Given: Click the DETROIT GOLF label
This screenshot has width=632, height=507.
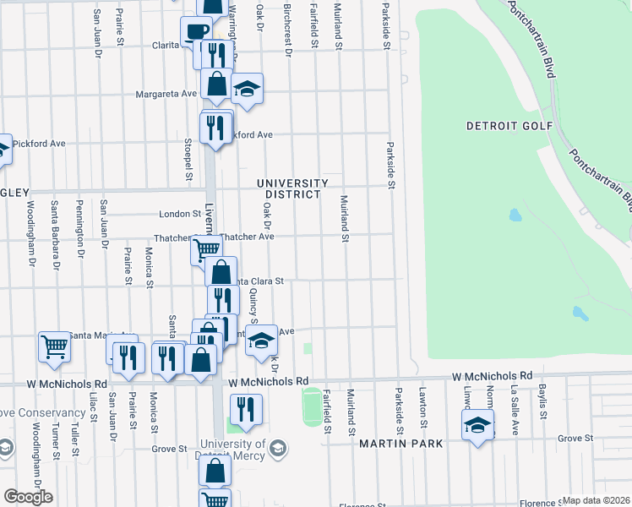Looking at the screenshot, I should pyautogui.click(x=509, y=126).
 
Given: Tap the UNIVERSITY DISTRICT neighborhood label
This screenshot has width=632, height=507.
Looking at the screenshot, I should pyautogui.click(x=292, y=188).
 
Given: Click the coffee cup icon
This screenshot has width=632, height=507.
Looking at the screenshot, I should pyautogui.click(x=196, y=31).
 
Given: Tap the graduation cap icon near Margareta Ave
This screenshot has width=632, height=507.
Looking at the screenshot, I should pyautogui.click(x=247, y=89).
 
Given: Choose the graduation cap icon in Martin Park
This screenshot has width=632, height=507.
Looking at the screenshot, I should pyautogui.click(x=477, y=424).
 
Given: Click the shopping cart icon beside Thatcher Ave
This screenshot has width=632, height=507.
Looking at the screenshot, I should pyautogui.click(x=206, y=249).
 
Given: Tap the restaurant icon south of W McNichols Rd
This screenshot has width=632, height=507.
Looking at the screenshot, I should pyautogui.click(x=246, y=410).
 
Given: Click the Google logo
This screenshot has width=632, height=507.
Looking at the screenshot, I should pyautogui.click(x=28, y=497).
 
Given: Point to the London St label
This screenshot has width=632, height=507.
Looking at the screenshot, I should pyautogui.click(x=179, y=215).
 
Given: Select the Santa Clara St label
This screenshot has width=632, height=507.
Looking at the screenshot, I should pyautogui.click(x=259, y=281).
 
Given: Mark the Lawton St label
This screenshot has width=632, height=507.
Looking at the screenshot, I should pyautogui.click(x=424, y=407).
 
